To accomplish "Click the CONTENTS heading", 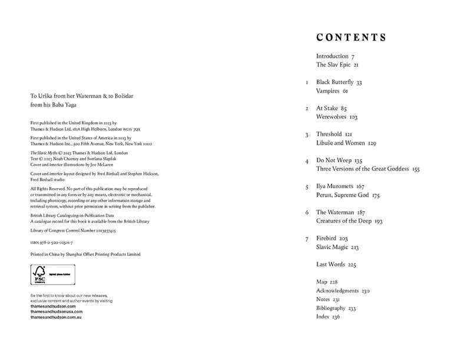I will coord(351,38).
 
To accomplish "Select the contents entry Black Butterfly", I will coord(334,82).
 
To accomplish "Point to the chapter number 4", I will coord(307,160).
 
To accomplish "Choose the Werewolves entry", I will coord(333,117).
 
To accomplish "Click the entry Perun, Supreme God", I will coord(347,195).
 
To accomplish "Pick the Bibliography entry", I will coord(331,308).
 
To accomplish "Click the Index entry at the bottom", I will coord(323,317).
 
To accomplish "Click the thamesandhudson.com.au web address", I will coord(55,317).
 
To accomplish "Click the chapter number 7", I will coord(307,239).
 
